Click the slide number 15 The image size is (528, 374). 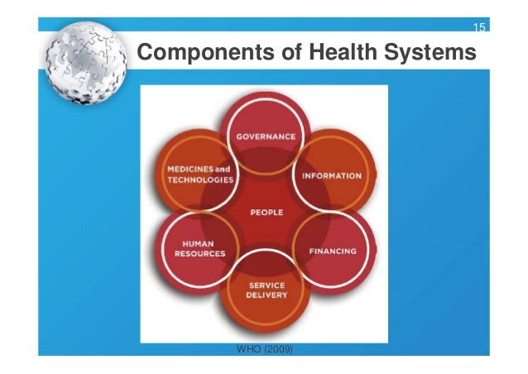[x=478, y=29]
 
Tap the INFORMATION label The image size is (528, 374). [x=331, y=175]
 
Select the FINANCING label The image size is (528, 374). [x=333, y=251]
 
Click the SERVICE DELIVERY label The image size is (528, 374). [x=266, y=290]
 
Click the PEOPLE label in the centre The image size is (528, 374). [x=266, y=213]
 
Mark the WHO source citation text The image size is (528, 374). [x=264, y=349]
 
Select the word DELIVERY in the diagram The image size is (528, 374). [x=266, y=295]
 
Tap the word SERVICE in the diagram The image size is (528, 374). [x=267, y=285]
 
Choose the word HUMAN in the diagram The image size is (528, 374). [x=199, y=243]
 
